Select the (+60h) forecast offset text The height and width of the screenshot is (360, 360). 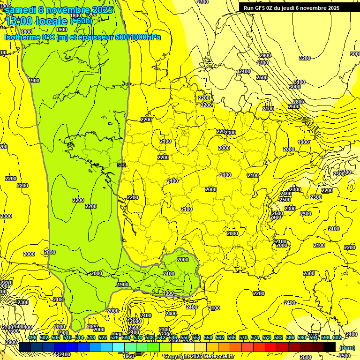(81, 21)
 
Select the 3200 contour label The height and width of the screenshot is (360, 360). (305, 58)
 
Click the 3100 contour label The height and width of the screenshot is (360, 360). (299, 82)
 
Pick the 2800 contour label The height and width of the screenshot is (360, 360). (299, 102)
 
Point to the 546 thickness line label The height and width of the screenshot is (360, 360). (122, 165)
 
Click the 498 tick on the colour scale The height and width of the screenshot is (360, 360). (32, 337)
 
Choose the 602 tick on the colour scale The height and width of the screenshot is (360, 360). (337, 337)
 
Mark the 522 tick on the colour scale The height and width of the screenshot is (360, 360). (103, 337)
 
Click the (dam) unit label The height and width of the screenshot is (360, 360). (347, 347)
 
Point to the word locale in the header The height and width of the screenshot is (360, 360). (52, 21)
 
